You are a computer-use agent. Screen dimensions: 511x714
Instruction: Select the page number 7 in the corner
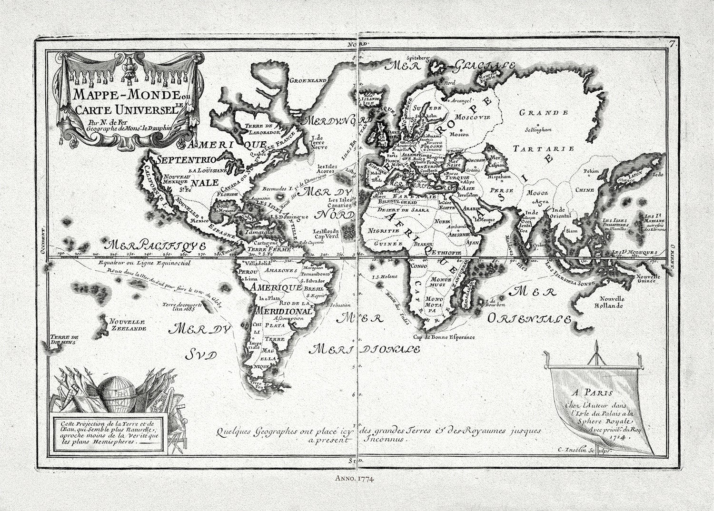[672, 44]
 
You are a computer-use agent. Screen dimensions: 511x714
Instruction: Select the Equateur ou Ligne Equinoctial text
[142, 263]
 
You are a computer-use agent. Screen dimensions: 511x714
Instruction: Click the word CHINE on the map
[585, 190]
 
